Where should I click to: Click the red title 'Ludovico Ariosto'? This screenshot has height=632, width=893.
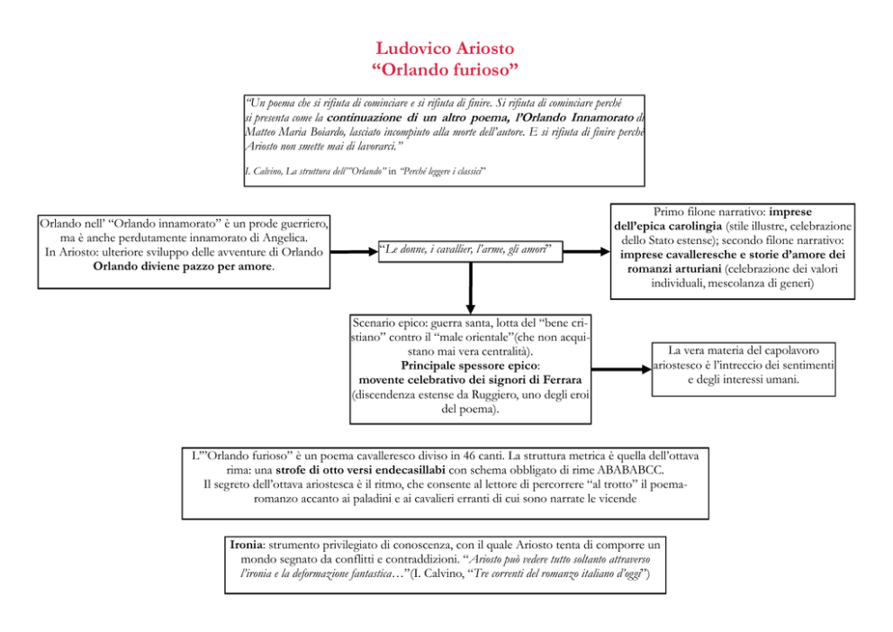pyautogui.click(x=446, y=48)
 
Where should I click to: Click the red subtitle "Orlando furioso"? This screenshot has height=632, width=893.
pyautogui.click(x=446, y=68)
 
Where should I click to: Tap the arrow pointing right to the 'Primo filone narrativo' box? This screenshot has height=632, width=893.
pyautogui.click(x=586, y=251)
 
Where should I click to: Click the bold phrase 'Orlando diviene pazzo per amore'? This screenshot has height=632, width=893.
pyautogui.click(x=184, y=266)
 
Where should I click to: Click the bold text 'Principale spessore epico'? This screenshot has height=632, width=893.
pyautogui.click(x=470, y=366)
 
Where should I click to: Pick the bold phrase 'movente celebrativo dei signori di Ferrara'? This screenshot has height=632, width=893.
pyautogui.click(x=470, y=381)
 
